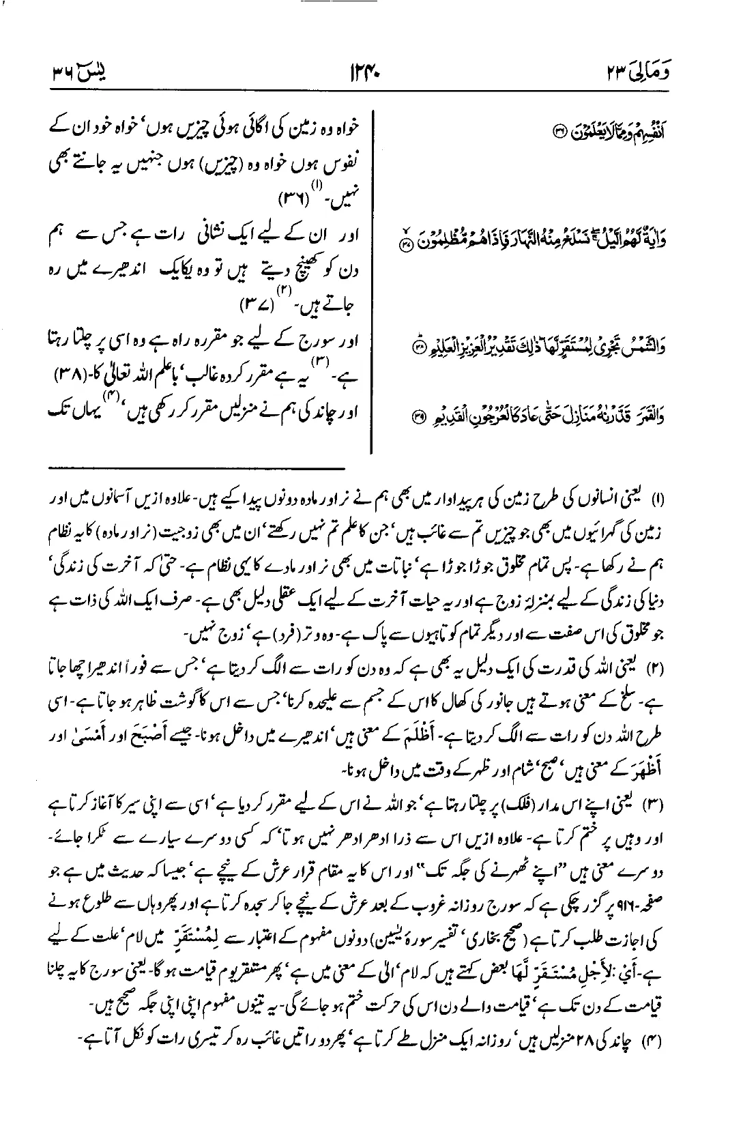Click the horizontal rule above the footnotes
198,468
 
